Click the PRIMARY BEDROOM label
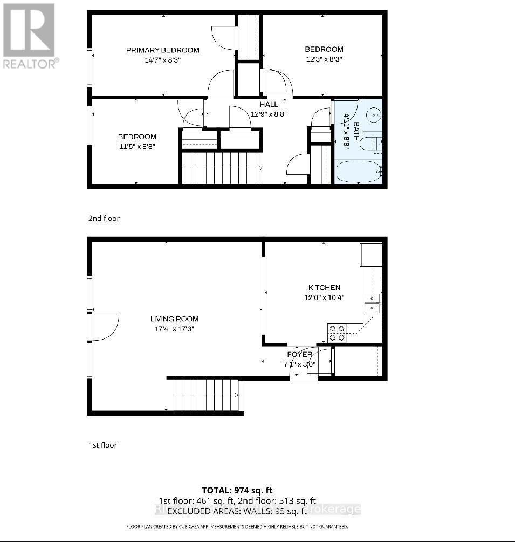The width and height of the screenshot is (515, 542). pyautogui.click(x=162, y=50)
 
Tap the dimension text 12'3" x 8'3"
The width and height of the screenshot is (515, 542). pyautogui.click(x=324, y=59)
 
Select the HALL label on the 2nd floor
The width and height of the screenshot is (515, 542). pyautogui.click(x=269, y=105)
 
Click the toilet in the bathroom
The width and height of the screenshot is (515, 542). pyautogui.click(x=371, y=144)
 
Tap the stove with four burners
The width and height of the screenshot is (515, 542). pyautogui.click(x=337, y=333)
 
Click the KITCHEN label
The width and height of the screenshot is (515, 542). pyautogui.click(x=324, y=288)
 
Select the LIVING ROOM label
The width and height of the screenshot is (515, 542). pyautogui.click(x=174, y=319)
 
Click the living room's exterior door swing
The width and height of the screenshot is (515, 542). pyautogui.click(x=105, y=327)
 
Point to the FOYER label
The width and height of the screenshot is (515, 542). pyautogui.click(x=299, y=355)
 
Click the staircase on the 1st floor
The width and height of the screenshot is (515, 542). pyautogui.click(x=206, y=395)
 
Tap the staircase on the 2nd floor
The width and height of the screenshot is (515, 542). pyautogui.click(x=221, y=167)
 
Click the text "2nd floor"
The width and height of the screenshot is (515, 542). pyautogui.click(x=104, y=219)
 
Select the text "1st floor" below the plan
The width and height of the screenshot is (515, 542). pyautogui.click(x=102, y=445)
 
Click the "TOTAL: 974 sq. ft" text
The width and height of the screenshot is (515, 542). pyautogui.click(x=237, y=490)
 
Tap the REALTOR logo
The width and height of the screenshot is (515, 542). pyautogui.click(x=29, y=36)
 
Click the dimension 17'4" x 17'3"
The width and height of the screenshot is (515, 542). pyautogui.click(x=174, y=329)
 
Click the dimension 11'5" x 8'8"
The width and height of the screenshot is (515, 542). pyautogui.click(x=137, y=146)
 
